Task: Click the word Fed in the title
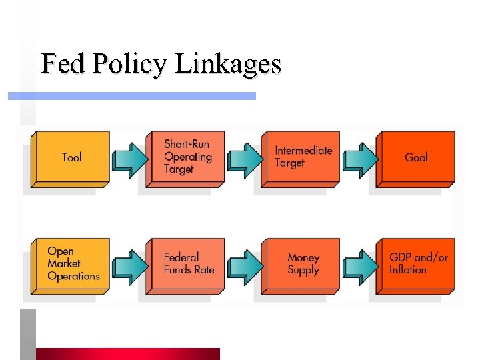63,64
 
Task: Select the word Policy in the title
130,65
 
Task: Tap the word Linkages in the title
228,65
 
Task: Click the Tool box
71,158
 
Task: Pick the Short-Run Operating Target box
187,158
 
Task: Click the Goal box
416,158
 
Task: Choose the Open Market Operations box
72,265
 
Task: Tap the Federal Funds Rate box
187,265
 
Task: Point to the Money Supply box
303,265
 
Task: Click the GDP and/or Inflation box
417,264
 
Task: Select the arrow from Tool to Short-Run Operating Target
131,160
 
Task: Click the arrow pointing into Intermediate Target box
245,160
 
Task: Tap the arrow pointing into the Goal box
361,160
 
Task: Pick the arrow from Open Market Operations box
131,267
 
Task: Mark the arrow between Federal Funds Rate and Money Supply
245,267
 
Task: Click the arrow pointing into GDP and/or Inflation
361,267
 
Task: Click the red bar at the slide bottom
127,354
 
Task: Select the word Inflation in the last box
408,270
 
